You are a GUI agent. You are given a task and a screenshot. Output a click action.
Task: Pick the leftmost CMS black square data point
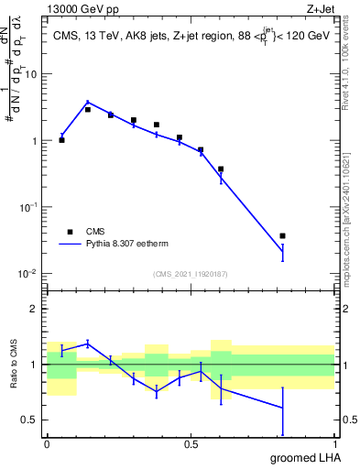[62, 140]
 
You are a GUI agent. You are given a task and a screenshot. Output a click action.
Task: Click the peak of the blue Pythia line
[87, 103]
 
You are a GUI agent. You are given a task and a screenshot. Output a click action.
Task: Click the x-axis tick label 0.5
[191, 443]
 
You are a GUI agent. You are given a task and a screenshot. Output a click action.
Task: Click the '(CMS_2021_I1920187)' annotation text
[190, 274]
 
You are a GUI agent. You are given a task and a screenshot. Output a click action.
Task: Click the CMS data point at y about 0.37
[221, 169]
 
